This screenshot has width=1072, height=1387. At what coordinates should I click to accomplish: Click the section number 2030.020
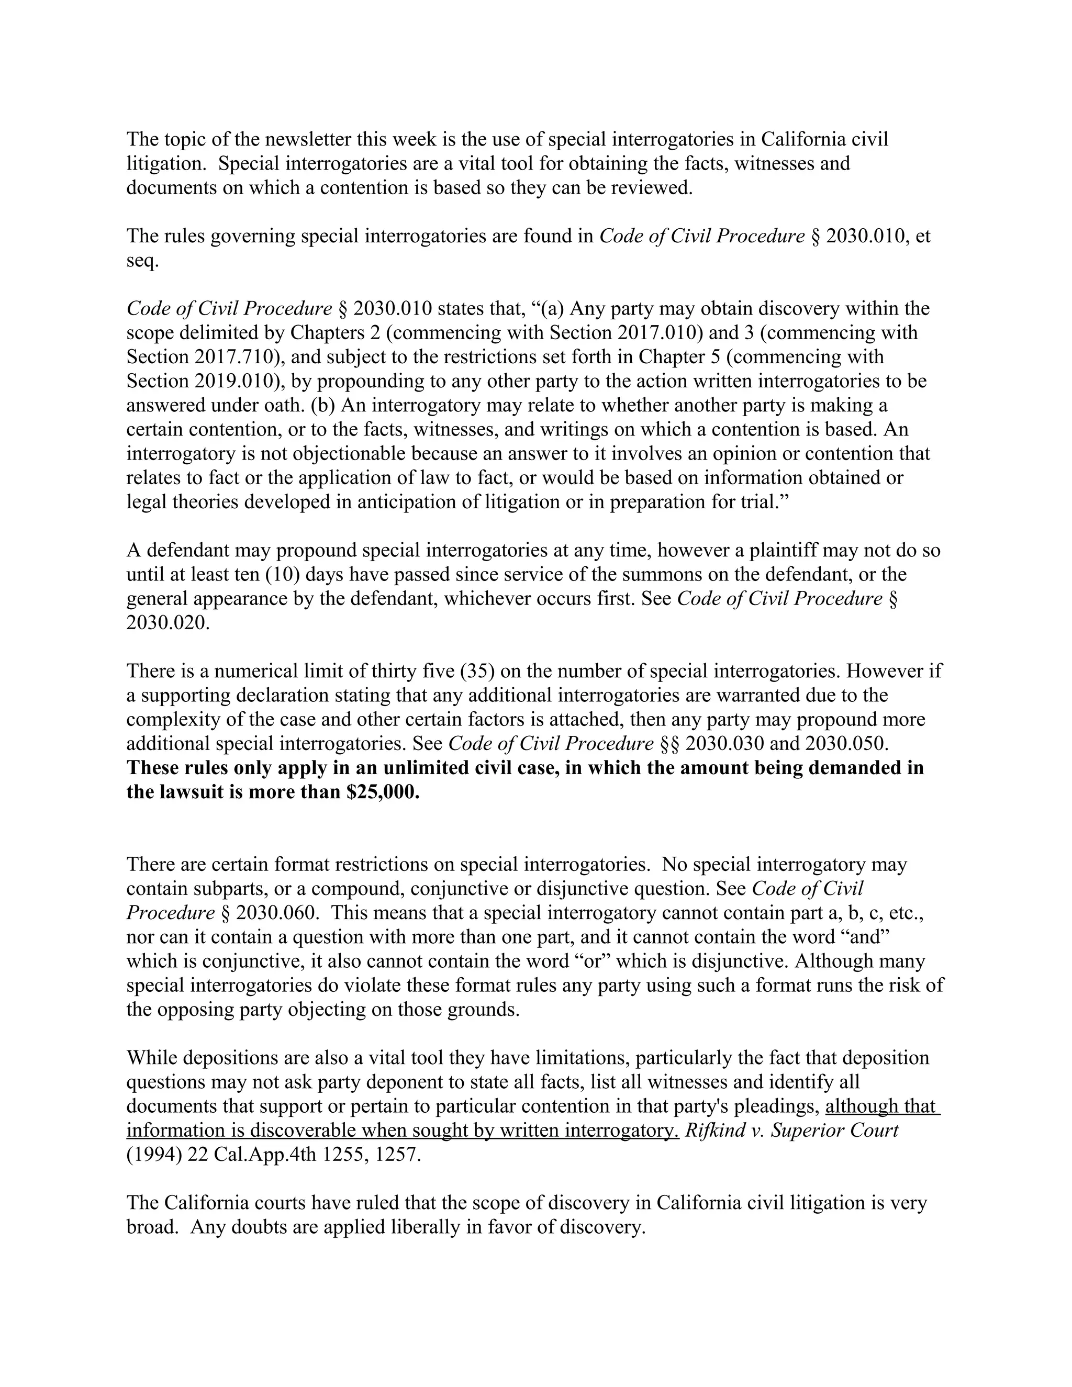[x=167, y=623]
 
